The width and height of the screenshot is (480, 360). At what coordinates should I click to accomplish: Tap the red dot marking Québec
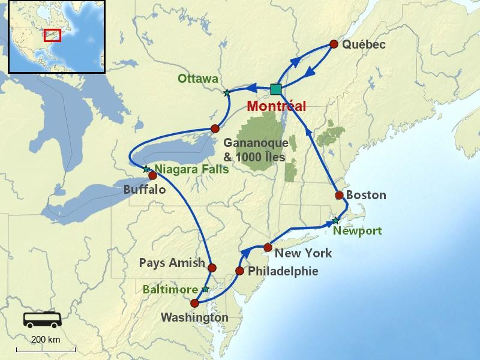334,44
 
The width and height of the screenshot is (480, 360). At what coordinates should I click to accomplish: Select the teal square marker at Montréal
275,89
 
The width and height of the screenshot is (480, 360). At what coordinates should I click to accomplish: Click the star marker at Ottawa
227,93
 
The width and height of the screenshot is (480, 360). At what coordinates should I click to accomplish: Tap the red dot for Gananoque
215,128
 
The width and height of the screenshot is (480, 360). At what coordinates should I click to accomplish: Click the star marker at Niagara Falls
146,169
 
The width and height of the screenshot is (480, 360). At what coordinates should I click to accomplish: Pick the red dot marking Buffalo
152,176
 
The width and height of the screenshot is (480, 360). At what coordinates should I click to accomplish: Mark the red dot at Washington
194,303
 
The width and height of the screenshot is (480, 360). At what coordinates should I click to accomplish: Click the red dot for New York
268,247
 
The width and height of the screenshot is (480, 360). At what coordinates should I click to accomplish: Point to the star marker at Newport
335,221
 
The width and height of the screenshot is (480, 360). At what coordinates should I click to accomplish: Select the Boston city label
367,196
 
